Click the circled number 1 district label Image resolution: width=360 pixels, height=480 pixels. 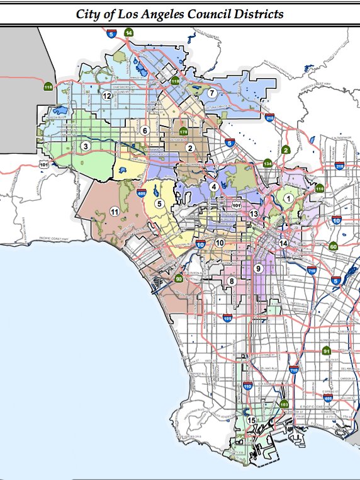point(289,198)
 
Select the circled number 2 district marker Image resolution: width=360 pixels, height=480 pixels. point(189,148)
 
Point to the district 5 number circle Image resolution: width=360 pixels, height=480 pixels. point(159,203)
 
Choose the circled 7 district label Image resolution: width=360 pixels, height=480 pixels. point(212,93)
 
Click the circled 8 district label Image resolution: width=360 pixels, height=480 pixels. point(232,281)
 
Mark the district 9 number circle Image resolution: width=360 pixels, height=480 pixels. point(257,268)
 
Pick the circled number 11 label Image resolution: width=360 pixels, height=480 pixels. point(114,211)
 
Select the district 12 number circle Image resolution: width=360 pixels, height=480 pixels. point(108,96)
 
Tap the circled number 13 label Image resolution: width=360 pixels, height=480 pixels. point(254,214)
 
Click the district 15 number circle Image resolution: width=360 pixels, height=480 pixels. point(251,421)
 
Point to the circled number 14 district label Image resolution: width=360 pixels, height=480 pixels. point(284,244)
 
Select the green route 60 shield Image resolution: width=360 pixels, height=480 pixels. point(334,246)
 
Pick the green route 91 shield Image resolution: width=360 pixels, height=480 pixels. point(327,351)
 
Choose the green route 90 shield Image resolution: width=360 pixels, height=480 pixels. point(179,279)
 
